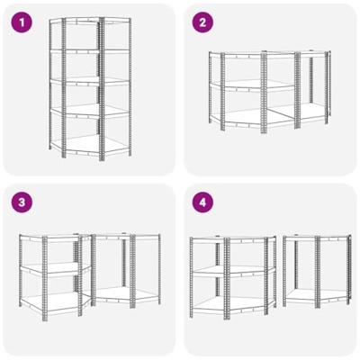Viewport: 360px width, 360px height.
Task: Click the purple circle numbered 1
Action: coord(22,22)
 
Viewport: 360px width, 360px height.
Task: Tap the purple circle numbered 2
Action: coord(202,22)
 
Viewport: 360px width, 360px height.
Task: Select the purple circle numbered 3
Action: coord(22,202)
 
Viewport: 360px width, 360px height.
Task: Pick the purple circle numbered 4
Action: coord(202,202)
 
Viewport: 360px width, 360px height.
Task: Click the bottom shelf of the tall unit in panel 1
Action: coord(90,146)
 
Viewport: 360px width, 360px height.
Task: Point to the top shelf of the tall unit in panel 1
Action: coord(90,21)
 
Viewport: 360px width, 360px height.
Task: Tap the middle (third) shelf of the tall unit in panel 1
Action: coord(90,82)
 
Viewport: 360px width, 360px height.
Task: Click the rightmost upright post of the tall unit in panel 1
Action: coord(130,86)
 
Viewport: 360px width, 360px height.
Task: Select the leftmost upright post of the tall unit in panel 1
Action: coord(50,84)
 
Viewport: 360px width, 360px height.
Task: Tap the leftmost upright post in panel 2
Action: coord(211,87)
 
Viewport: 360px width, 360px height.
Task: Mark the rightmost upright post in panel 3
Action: coord(159,269)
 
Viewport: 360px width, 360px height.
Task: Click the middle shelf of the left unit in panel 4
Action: coord(233,271)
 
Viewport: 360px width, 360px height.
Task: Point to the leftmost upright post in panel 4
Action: coord(192,277)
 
